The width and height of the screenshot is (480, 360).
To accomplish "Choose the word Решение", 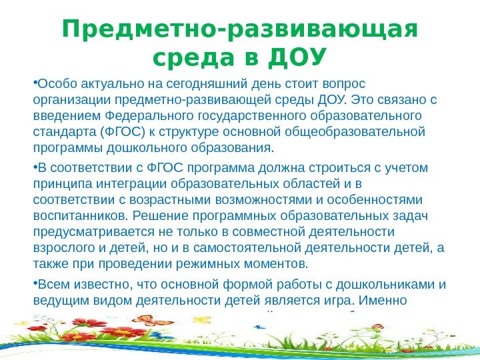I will click(x=156, y=215).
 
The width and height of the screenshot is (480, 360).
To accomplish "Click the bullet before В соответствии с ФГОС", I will click(x=35, y=167).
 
